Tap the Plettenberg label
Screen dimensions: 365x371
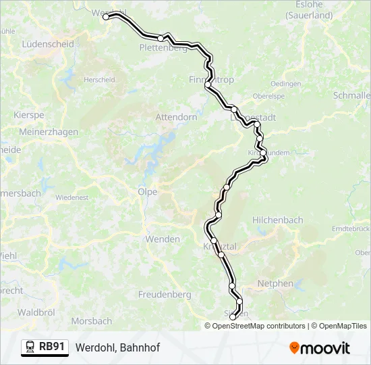click(163, 48)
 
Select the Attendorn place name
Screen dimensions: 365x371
click(176, 117)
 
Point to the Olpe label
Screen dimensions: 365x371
click(147, 192)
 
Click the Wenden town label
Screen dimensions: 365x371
click(163, 239)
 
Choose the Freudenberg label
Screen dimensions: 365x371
click(165, 295)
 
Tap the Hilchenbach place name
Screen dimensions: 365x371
click(277, 220)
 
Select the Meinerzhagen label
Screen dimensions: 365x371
click(49, 132)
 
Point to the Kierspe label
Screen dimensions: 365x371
click(28, 116)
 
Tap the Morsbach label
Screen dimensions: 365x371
click(91, 321)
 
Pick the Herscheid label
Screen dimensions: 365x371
click(99, 80)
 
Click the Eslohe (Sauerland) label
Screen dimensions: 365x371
click(310, 10)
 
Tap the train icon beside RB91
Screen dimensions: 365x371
click(30, 347)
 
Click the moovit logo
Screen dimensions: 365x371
click(320, 348)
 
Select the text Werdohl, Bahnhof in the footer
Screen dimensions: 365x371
click(117, 348)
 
